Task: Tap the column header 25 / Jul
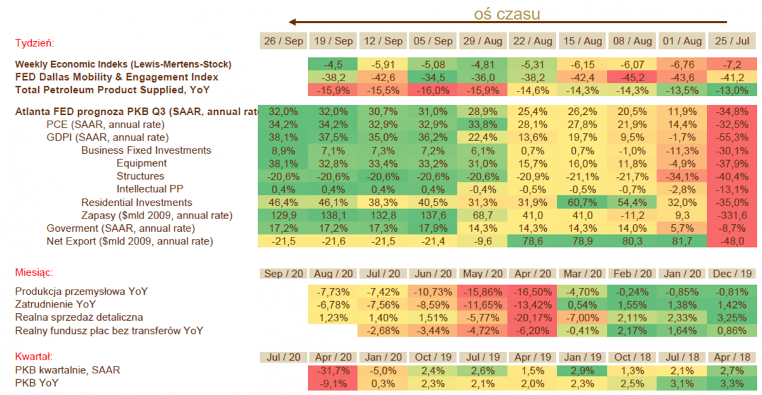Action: pyautogui.click(x=732, y=41)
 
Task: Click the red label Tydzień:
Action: pyautogui.click(x=34, y=43)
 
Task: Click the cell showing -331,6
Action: pyautogui.click(x=732, y=215)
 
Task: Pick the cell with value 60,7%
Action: pyautogui.click(x=582, y=203)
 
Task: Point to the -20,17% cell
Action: pyautogui.click(x=532, y=318)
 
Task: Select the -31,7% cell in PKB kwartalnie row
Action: pyautogui.click(x=333, y=370)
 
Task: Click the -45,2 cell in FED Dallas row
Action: pyautogui.click(x=632, y=77)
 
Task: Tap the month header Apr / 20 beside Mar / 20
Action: pyautogui.click(x=532, y=273)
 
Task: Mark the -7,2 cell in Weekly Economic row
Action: pyautogui.click(x=732, y=64)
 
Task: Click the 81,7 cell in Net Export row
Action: pyautogui.click(x=682, y=241)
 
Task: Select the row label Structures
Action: pyautogui.click(x=140, y=176)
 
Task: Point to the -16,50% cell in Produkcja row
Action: pyautogui.click(x=532, y=291)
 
